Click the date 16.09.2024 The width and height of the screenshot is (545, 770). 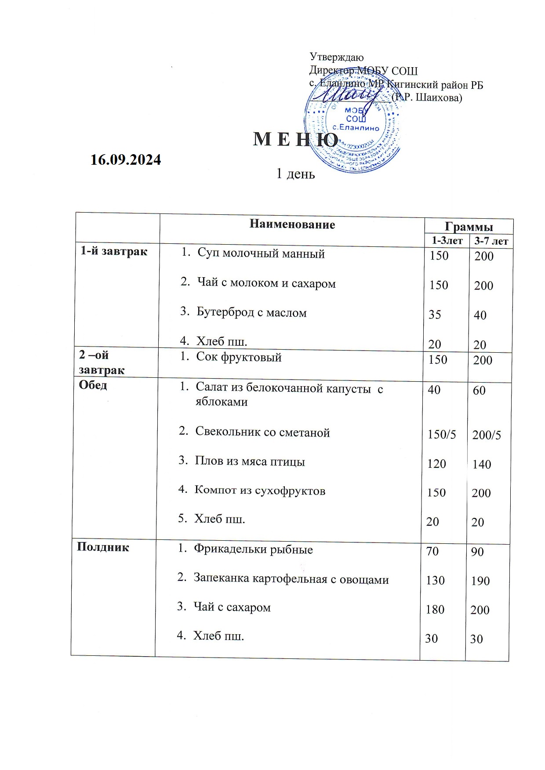(126, 159)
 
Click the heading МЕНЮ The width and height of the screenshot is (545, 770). (296, 140)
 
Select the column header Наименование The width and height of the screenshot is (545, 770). (292, 225)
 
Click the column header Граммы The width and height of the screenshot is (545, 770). (469, 227)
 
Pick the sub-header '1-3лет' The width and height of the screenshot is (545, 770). (447, 241)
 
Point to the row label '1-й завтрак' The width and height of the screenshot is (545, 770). (114, 252)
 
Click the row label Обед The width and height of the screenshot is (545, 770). (93, 385)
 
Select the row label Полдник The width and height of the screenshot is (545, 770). (103, 547)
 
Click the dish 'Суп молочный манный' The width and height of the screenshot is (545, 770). (261, 253)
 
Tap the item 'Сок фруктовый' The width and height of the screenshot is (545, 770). (239, 357)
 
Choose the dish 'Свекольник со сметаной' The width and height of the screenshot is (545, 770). (262, 433)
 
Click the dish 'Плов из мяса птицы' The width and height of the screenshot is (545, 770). (250, 462)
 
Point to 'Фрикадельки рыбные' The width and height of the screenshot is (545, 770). (254, 549)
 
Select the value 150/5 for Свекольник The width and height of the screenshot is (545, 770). (442, 435)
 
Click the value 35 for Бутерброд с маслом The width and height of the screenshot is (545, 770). (435, 315)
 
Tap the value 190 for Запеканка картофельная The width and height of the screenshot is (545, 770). (480, 581)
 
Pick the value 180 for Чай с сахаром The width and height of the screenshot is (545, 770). (435, 610)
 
